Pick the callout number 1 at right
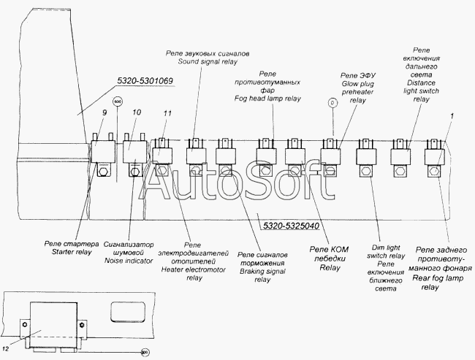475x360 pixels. pos(453,116)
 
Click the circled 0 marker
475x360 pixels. pos(332,104)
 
